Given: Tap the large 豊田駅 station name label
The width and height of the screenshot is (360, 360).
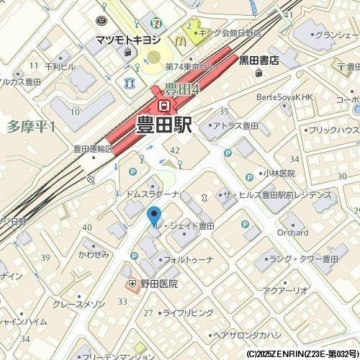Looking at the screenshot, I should coord(163,124).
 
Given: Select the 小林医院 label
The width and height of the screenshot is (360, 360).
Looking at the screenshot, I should coord(279,174).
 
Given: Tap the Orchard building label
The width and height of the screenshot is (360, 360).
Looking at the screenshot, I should coord(292,233).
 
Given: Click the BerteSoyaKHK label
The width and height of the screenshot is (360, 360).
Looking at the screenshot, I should coord(285,97).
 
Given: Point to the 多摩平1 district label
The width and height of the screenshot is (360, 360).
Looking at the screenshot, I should coord(31,126).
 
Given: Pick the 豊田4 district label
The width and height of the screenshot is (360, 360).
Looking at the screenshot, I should coord(181,89).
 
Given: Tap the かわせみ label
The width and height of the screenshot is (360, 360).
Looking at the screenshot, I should coord(93,254).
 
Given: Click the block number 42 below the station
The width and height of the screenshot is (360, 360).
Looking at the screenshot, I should coord(175,149).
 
